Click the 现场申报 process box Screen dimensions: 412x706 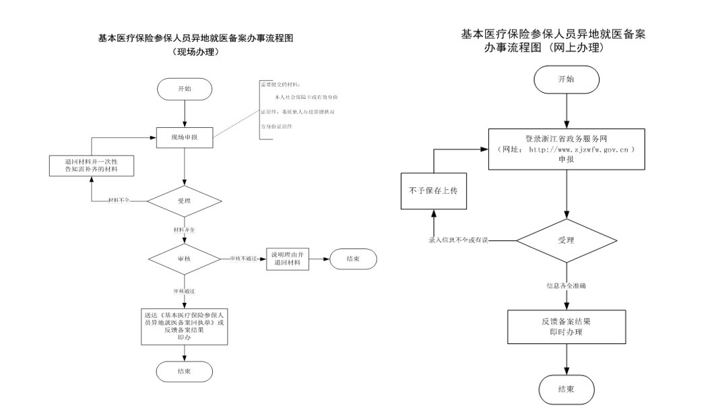pos(185,138)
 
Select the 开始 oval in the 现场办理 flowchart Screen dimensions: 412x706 pos(185,89)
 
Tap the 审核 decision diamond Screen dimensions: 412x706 pos(184,259)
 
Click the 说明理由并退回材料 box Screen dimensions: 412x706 pos(288,259)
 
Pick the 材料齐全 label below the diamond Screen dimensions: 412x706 pos(184,230)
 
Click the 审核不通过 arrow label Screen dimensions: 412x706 pos(243,259)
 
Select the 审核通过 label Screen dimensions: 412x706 pos(184,290)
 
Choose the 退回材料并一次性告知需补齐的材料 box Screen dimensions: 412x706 pos(91,166)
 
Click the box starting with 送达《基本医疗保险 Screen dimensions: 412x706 pos(184,326)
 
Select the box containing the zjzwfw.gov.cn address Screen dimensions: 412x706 pos(566,149)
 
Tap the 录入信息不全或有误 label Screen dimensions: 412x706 pos(458,240)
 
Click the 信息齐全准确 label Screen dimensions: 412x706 pos(566,286)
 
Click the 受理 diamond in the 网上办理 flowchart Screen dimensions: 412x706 pos(566,240)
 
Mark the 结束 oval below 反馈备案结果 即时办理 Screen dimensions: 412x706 pos(566,390)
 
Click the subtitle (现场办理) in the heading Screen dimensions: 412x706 pos(194,50)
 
